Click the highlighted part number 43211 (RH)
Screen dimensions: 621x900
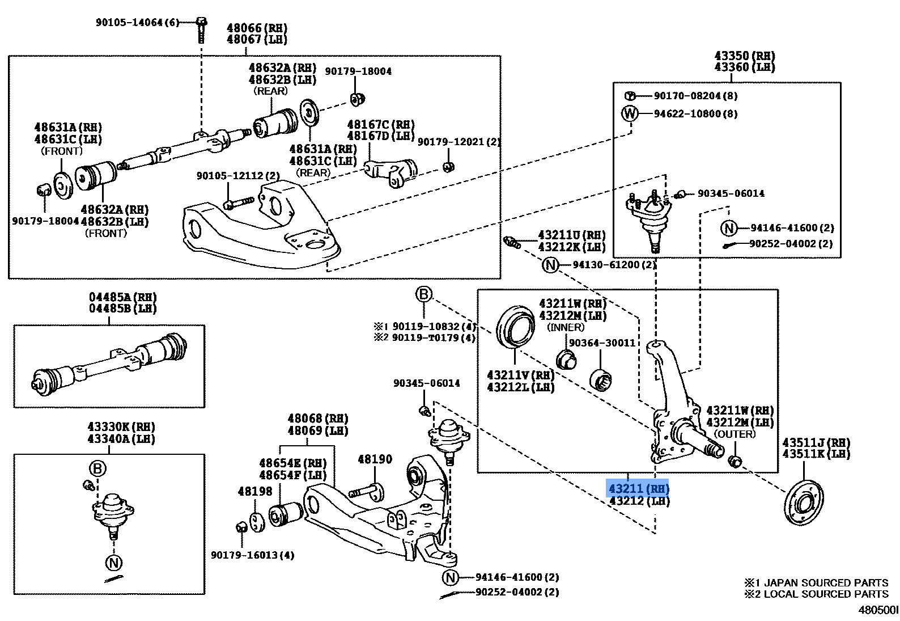click(638, 488)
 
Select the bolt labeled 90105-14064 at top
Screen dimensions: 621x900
click(201, 29)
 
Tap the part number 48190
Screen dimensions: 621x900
click(375, 459)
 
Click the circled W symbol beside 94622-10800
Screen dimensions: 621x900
click(630, 113)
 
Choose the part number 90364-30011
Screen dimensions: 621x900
click(602, 343)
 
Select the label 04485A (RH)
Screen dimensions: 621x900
click(122, 297)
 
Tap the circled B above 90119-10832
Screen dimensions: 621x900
click(423, 294)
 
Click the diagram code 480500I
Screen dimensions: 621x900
click(878, 610)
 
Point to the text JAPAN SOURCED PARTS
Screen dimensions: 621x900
click(826, 582)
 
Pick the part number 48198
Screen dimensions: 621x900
click(255, 491)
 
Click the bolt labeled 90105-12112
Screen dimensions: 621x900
click(237, 202)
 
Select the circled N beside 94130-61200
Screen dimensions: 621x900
click(550, 265)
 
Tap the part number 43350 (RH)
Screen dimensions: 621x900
click(744, 56)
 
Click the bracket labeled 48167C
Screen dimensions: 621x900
click(390, 172)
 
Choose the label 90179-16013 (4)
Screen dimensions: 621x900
click(252, 555)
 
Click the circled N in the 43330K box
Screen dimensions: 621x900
click(114, 563)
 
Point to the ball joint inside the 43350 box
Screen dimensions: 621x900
click(651, 218)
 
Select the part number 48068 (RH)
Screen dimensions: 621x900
click(317, 419)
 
